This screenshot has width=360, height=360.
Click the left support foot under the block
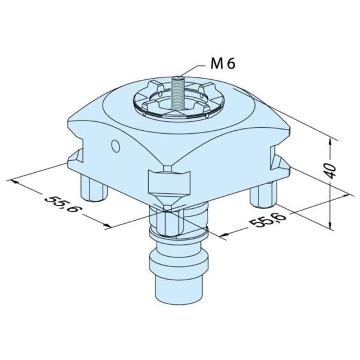click(x=95, y=189)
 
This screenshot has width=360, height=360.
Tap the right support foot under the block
click(x=264, y=194)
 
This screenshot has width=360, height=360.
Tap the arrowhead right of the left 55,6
click(x=108, y=226)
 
